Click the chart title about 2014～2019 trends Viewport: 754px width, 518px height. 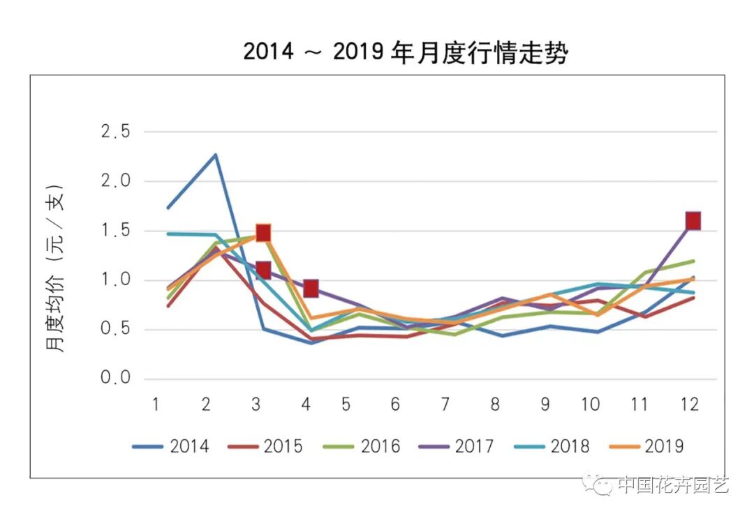[405, 52]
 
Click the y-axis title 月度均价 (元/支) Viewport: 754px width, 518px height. [56, 268]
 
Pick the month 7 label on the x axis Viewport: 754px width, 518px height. [445, 405]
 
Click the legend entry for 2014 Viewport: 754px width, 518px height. [170, 446]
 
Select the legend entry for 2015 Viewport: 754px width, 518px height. [265, 446]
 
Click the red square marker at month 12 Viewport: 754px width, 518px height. [693, 221]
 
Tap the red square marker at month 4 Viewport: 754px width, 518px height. [311, 289]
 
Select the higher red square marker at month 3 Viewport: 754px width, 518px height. [263, 233]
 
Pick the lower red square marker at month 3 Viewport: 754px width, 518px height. [263, 270]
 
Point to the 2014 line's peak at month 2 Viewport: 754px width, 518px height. [216, 155]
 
